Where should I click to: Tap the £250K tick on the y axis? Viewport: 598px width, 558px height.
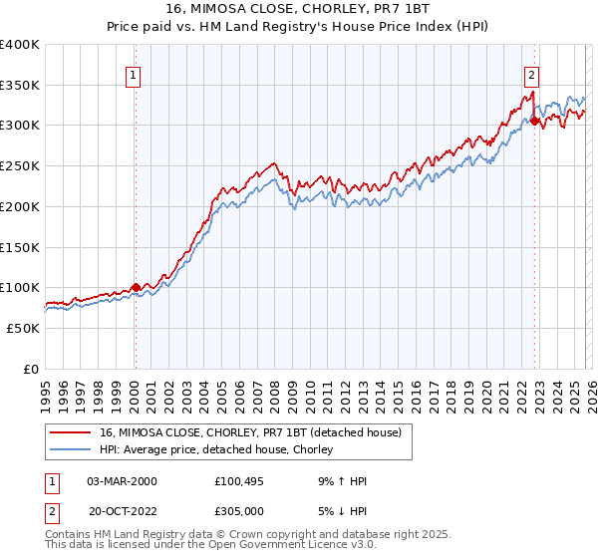(20, 166)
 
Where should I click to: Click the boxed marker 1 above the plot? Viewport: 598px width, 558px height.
(134, 73)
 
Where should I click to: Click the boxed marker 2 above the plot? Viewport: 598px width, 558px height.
(532, 73)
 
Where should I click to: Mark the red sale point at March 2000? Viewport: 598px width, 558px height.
(136, 287)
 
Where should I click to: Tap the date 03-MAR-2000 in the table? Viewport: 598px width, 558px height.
(123, 481)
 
